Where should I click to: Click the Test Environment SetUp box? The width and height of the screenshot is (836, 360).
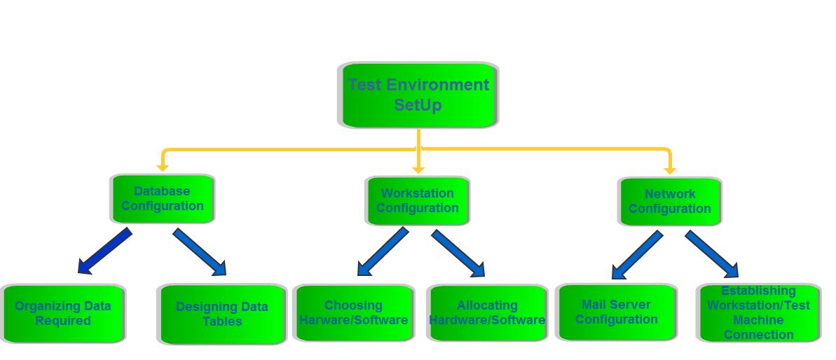coord(418,95)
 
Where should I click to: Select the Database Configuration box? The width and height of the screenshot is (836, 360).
coord(163,199)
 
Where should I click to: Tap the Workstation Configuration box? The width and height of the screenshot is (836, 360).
coord(418,201)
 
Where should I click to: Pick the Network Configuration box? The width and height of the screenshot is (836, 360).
coord(670,202)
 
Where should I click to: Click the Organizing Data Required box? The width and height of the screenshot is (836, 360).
coord(63,314)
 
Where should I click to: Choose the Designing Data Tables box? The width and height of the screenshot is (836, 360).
coord(222,314)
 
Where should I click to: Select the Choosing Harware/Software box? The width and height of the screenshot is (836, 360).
coord(354,313)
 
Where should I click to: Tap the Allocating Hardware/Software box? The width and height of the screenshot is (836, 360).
coord(488,313)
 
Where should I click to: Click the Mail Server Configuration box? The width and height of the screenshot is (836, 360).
coord(617,312)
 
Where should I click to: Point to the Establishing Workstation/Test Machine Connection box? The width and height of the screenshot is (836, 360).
coord(758,313)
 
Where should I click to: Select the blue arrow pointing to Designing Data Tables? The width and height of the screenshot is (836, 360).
coord(200,251)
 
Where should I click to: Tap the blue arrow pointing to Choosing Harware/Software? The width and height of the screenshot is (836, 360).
coord(383,251)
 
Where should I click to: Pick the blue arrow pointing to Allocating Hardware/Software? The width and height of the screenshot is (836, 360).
coord(458,254)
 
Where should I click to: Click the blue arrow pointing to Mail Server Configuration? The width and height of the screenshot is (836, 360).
coord(637,255)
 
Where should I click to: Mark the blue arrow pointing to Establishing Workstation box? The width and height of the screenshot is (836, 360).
coord(711,254)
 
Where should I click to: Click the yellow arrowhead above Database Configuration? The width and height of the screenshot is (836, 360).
coord(163,167)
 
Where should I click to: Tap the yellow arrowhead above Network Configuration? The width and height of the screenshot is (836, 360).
coord(669,170)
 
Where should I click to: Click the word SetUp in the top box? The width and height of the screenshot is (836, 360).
coord(418,105)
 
